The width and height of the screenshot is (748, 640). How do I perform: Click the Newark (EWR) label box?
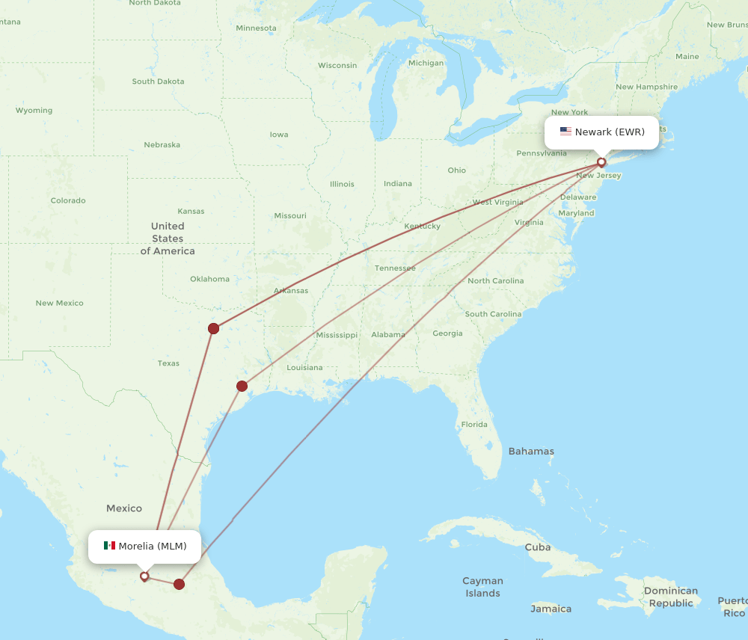point(601,132)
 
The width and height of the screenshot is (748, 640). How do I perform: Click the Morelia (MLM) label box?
point(144,546)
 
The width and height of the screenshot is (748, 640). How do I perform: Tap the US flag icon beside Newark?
point(565,132)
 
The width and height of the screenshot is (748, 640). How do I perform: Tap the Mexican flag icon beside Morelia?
point(109,546)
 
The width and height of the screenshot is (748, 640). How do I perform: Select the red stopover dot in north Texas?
point(214,328)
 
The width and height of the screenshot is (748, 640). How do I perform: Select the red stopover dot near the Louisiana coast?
point(242,386)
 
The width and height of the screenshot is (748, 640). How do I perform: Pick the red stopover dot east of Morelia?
point(179,584)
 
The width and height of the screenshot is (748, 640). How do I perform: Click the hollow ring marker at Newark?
point(601,162)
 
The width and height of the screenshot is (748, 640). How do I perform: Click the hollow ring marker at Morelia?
point(144,576)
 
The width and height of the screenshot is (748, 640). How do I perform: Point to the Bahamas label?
point(531,451)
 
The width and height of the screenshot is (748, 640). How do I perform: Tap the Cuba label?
point(537,547)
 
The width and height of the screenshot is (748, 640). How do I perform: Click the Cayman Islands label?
point(482,587)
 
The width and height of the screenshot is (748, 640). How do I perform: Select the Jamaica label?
point(551,609)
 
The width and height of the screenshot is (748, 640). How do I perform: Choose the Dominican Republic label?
point(671,597)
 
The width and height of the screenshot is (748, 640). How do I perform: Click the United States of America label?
point(168,239)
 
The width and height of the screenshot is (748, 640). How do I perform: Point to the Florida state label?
point(474,424)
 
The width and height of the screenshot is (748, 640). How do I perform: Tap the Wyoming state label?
point(34,111)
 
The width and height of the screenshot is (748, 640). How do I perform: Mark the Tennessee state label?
point(395,268)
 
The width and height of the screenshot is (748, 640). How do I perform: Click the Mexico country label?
point(124,508)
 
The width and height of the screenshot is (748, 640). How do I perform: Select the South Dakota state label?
point(158,81)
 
